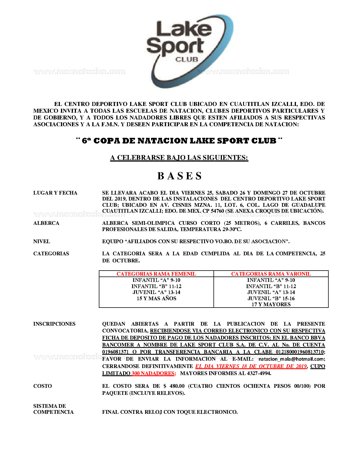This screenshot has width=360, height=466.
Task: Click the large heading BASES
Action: pyautogui.click(x=180, y=176)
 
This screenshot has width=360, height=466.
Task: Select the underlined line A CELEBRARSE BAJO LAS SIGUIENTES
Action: pyautogui.click(x=179, y=158)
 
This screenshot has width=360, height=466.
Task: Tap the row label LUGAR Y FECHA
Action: pyautogui.click(x=55, y=193)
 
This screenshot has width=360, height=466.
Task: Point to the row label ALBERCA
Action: pyautogui.click(x=46, y=223)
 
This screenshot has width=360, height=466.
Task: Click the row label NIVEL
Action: pyautogui.click(x=42, y=241)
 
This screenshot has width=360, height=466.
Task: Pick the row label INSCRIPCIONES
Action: pyautogui.click(x=54, y=324)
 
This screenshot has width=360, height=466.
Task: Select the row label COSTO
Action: pyautogui.click(x=43, y=386)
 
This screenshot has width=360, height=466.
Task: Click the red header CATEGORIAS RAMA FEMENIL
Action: pyautogui.click(x=156, y=274)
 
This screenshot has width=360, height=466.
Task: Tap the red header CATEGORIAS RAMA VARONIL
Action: pyautogui.click(x=271, y=274)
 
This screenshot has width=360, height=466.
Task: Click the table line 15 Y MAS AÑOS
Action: pyautogui.click(x=156, y=299)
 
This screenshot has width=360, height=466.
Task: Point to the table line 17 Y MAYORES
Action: pyautogui.click(x=271, y=304)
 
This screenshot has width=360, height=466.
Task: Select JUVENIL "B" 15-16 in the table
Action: pyautogui.click(x=271, y=299)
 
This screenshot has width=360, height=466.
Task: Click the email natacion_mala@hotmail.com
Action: pyautogui.click(x=292, y=359)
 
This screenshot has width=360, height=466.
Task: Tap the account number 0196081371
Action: pyautogui.click(x=115, y=352)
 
